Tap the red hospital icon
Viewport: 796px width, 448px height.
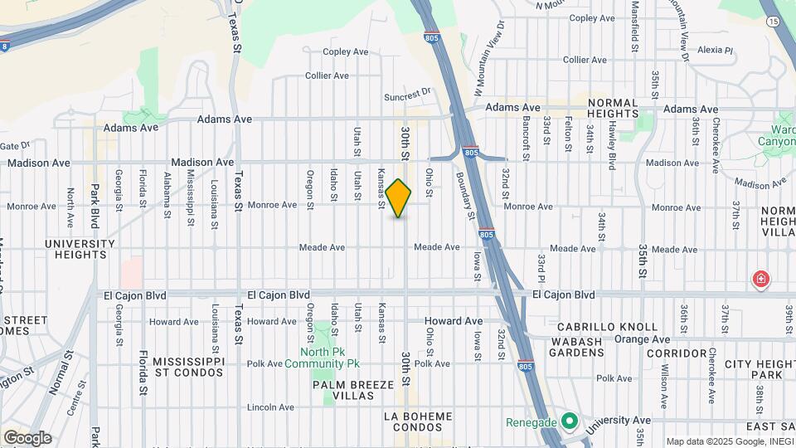click(760, 280)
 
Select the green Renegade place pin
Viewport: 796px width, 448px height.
click(568, 422)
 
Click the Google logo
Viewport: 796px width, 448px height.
click(27, 437)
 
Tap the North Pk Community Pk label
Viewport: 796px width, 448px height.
click(323, 357)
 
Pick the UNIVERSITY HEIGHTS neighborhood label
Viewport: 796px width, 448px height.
click(80, 249)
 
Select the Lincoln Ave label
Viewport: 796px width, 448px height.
click(270, 407)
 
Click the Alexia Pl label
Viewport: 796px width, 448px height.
click(716, 50)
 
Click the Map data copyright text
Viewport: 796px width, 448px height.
click(730, 441)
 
